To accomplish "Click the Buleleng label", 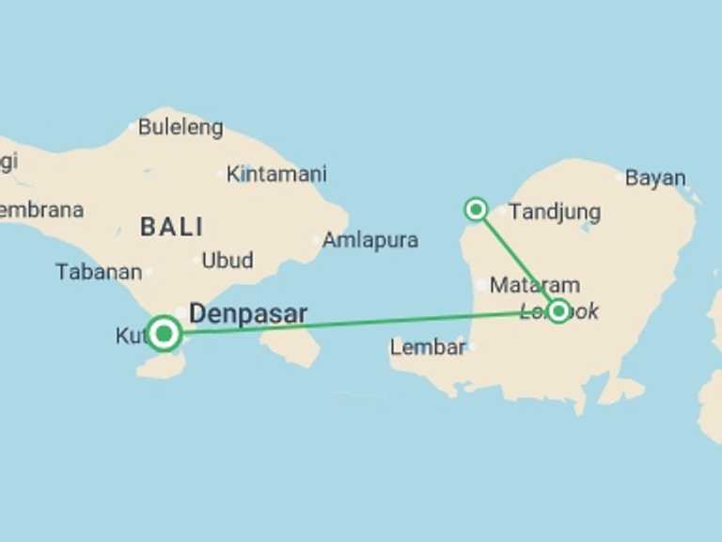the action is coord(180,127).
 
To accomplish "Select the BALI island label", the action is coord(171,227).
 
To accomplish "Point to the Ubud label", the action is coord(227,260).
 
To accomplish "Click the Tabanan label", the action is coord(99,272).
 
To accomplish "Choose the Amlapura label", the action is coord(369,240).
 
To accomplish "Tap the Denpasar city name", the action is coord(248,313).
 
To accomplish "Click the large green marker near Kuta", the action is coord(165,333).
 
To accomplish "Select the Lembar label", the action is coord(427,347).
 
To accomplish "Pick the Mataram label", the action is coord(535,285).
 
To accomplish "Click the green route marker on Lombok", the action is coord(558,311).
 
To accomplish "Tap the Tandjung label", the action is coord(554,213).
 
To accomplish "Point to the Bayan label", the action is coord(655,178).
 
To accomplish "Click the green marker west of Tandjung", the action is coord(477,209).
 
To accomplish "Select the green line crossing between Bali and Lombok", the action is coord(357,323).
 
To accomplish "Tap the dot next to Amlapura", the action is coord(316,240).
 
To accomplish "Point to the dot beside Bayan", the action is coord(619,177).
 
